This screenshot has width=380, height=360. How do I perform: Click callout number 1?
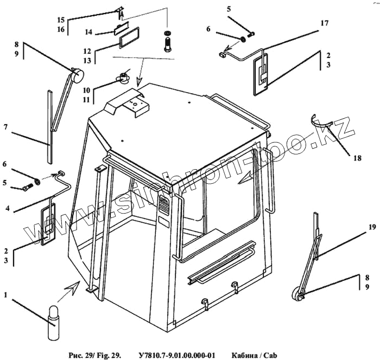(x=5, y=295)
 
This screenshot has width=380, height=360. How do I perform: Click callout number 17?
(x=324, y=23)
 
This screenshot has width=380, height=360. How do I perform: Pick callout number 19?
(x=372, y=228)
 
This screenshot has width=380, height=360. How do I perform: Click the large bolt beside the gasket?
(x=168, y=41)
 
